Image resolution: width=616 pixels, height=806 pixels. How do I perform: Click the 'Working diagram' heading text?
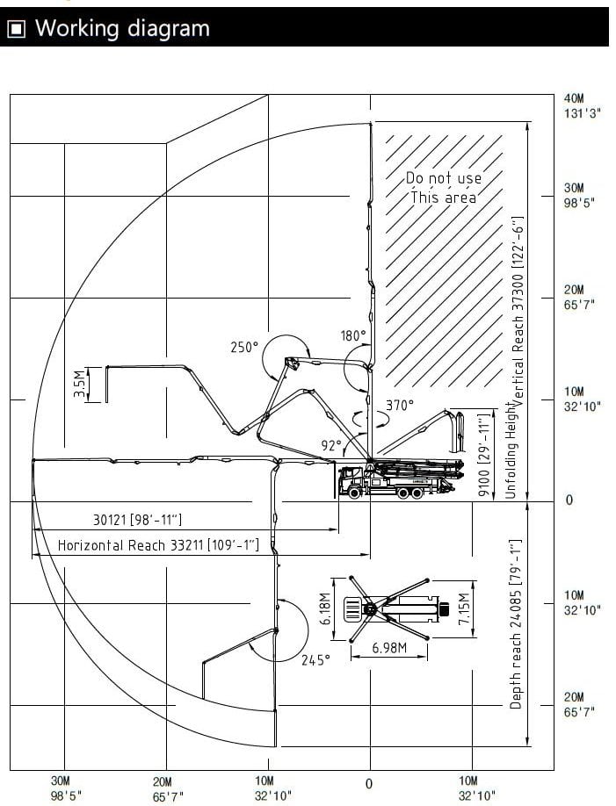[122, 28]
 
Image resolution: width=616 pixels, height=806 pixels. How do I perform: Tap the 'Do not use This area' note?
[444, 188]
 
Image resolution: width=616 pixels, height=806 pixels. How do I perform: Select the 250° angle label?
[244, 348]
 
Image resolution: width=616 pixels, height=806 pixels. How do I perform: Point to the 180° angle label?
[353, 335]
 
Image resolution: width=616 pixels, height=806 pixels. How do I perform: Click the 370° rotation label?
[400, 405]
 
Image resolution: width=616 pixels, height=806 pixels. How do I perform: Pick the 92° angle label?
[331, 446]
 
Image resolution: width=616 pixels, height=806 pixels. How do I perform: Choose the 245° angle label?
[315, 660]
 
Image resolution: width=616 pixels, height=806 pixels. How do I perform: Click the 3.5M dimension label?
[79, 384]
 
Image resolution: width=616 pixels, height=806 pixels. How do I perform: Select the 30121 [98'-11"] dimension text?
[137, 520]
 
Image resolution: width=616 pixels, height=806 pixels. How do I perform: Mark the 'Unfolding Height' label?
[510, 450]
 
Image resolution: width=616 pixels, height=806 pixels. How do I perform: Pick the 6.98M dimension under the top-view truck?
[389, 648]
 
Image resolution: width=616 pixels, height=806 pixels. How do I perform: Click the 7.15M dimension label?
[464, 609]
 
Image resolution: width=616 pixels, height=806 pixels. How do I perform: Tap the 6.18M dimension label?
[325, 609]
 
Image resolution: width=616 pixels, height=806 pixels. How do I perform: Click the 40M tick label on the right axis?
[574, 98]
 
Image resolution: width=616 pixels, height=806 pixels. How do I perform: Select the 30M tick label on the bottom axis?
[61, 781]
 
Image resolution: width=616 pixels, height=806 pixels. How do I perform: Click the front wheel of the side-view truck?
[353, 493]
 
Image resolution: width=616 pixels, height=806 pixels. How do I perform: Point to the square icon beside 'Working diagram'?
[17, 29]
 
